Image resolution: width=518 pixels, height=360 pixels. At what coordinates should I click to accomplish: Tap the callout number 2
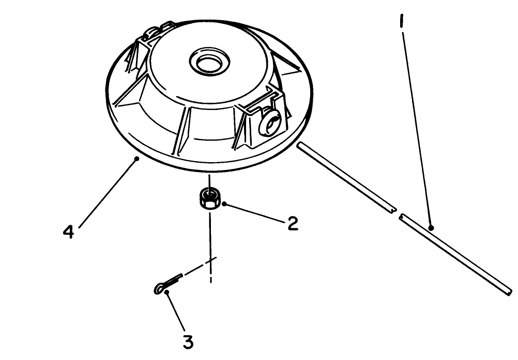(293, 224)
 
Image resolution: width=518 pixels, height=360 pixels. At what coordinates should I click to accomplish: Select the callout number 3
(188, 341)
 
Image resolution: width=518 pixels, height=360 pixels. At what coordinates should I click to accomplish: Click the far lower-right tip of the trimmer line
(509, 293)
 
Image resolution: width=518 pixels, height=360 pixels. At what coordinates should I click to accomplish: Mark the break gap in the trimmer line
(398, 213)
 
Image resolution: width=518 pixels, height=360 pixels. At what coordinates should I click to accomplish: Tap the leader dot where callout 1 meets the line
(431, 227)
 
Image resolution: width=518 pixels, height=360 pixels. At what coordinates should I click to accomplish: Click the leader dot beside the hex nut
(224, 204)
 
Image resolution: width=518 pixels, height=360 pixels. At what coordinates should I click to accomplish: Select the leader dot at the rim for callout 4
(136, 159)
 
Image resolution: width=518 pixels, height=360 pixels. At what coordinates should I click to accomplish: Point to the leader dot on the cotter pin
(167, 293)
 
